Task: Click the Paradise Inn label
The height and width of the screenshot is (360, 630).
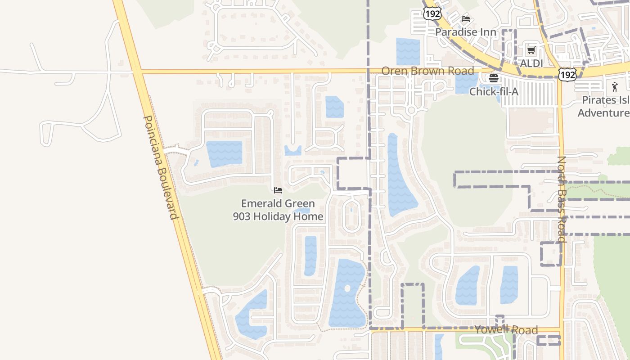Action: point(465,32)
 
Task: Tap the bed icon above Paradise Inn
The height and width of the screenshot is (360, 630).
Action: point(466,19)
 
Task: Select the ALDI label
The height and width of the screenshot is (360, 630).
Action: point(531,63)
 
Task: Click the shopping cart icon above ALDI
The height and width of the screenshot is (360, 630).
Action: point(531,50)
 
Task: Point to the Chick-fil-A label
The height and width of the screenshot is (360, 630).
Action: point(494,92)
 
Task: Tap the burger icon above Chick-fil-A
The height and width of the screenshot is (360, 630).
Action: point(494,78)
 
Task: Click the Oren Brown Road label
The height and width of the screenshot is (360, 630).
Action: point(427,71)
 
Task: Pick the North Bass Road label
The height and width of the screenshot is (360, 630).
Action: point(562,199)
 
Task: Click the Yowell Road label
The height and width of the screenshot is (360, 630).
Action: point(506,330)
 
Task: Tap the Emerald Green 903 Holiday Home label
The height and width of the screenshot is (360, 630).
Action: point(278,210)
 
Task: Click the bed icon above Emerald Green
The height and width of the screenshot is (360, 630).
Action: point(278,190)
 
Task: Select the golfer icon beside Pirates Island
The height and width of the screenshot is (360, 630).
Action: point(615,86)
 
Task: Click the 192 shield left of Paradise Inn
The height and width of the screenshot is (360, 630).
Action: point(432,13)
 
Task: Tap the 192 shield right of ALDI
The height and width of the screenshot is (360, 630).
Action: point(567,75)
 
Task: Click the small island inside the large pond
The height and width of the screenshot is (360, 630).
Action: point(347,288)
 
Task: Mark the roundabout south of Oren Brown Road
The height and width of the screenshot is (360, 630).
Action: point(410,110)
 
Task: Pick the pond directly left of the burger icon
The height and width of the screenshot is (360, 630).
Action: point(466,83)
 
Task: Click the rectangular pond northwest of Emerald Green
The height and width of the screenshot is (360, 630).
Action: point(224,153)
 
